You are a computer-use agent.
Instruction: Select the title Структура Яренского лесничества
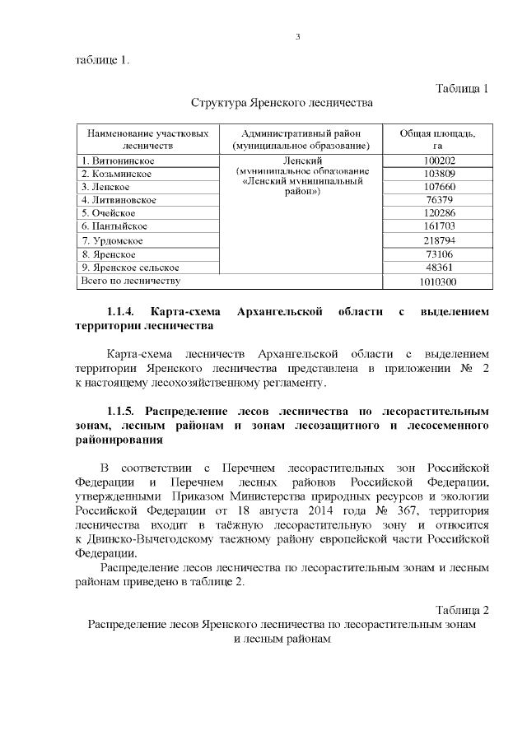click(x=282, y=104)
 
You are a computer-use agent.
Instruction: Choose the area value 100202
click(x=437, y=161)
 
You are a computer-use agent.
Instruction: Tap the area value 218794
click(x=437, y=240)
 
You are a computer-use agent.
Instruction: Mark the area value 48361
click(x=437, y=268)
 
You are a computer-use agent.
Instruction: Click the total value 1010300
click(x=437, y=282)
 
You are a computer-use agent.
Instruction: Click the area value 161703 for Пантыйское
click(x=437, y=226)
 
